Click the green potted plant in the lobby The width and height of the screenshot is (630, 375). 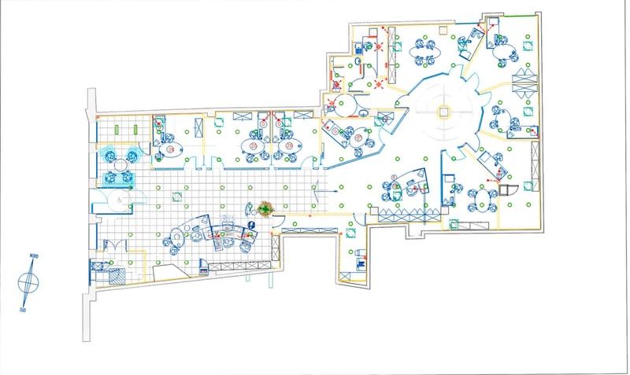[x=265, y=208]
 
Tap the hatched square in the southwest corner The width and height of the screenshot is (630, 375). [x=118, y=275]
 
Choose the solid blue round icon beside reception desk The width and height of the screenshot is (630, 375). [x=252, y=225]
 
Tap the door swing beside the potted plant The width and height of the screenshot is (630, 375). [x=276, y=225]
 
